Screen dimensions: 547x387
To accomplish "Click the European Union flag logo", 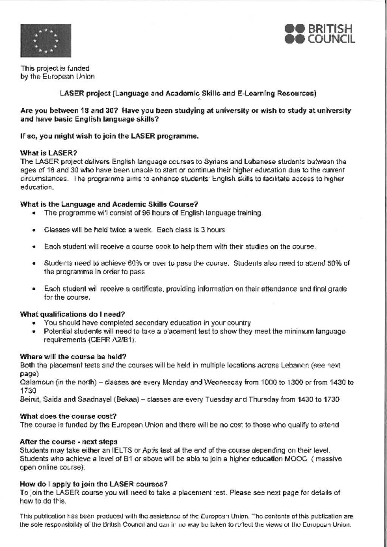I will (x=45, y=40).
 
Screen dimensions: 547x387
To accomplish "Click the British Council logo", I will (x=320, y=34).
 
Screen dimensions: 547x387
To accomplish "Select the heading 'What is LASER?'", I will (x=48, y=153).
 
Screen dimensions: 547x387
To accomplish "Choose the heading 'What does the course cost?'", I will (x=68, y=416).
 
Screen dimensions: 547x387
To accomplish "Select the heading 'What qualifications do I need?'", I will (x=72, y=314).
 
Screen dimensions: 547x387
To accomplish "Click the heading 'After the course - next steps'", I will (x=68, y=442).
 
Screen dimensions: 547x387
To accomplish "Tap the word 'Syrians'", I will (x=214, y=161).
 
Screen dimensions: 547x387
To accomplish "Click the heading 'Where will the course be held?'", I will (x=73, y=356).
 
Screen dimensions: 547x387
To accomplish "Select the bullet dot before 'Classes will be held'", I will (x=34, y=230).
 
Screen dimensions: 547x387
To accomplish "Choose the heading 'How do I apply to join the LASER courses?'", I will (x=93, y=484).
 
